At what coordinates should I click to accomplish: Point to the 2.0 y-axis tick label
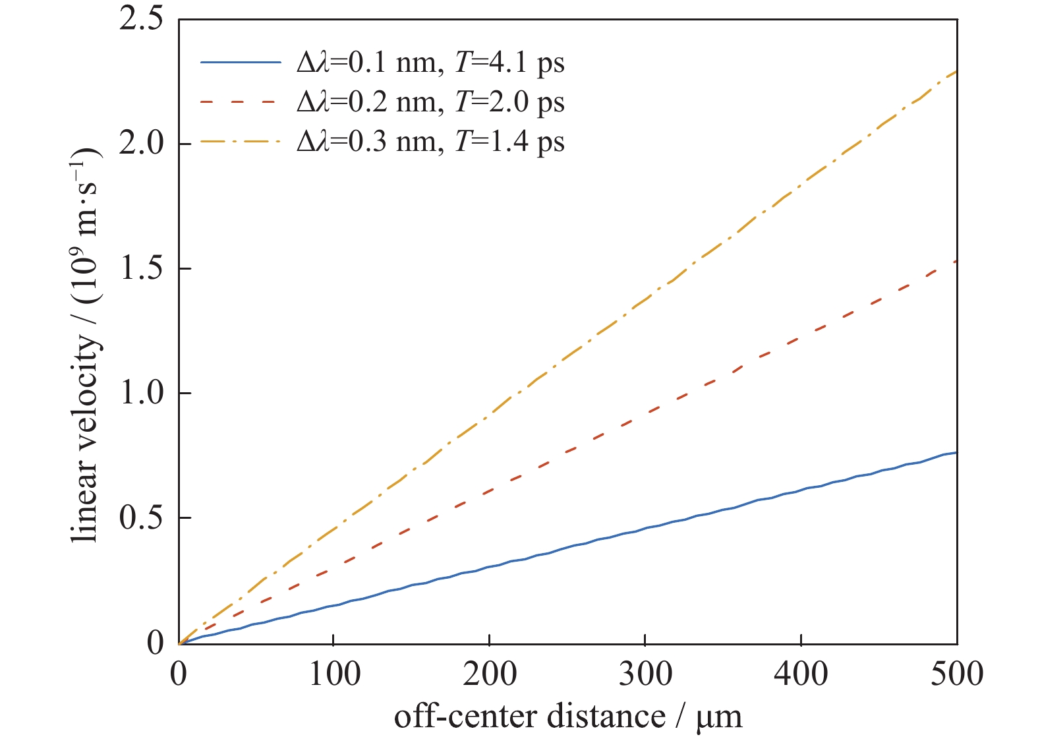click(x=141, y=144)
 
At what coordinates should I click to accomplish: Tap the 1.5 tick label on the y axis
click(x=141, y=268)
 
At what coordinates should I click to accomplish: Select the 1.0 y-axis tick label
click(x=141, y=393)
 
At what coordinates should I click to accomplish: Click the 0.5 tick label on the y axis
click(x=141, y=518)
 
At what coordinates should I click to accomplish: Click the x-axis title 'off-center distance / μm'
click(x=568, y=717)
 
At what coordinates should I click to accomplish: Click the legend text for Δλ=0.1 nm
click(x=430, y=63)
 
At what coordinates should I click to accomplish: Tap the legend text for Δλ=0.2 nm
click(x=430, y=102)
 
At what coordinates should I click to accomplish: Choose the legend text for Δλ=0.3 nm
click(x=430, y=142)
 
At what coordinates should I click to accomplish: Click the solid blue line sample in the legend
click(x=241, y=63)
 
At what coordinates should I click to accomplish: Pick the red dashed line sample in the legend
click(x=241, y=102)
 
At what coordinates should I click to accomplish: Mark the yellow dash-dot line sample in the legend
click(x=241, y=142)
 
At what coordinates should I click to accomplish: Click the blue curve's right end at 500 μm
click(x=956, y=453)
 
